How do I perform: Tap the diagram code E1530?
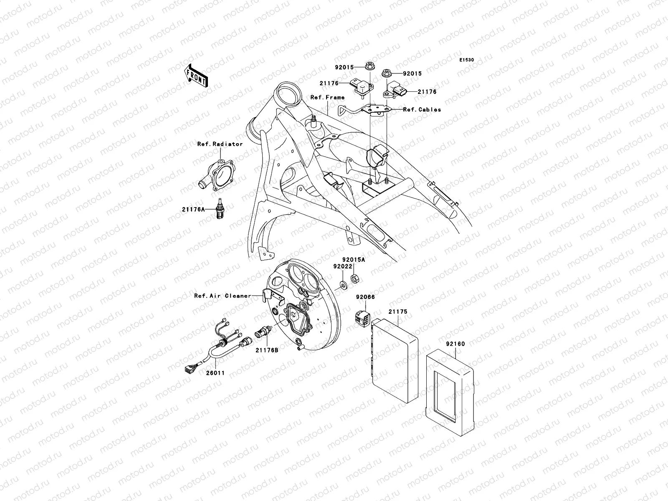coord(467,60)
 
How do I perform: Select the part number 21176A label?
coord(193,210)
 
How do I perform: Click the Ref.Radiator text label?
coord(220,144)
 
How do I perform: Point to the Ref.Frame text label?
coord(327,98)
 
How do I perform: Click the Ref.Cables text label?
coord(422,110)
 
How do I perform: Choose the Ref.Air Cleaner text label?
coord(223,296)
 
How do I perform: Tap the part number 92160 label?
coord(455,344)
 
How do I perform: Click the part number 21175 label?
coord(397,312)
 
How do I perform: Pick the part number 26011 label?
coord(215,373)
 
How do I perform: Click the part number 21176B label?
coord(267,351)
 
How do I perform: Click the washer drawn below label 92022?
coord(343,286)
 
